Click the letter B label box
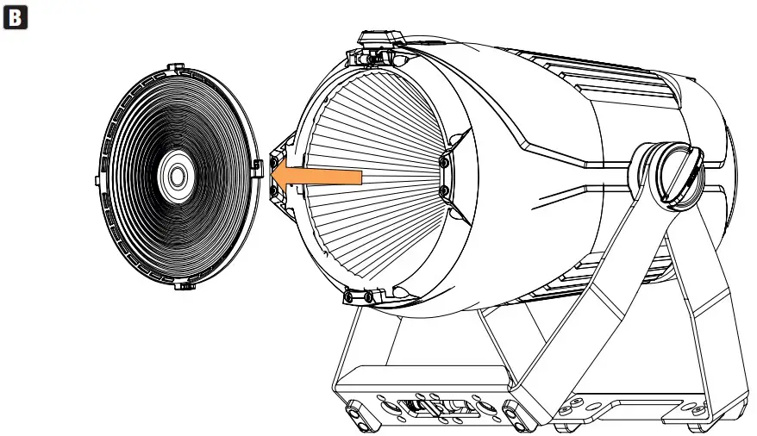tap(16, 17)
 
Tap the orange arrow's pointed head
tap(272, 177)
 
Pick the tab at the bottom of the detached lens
tap(185, 286)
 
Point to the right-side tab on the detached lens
tap(259, 168)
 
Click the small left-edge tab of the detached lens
tap(97, 180)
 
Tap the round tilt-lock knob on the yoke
tap(675, 177)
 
